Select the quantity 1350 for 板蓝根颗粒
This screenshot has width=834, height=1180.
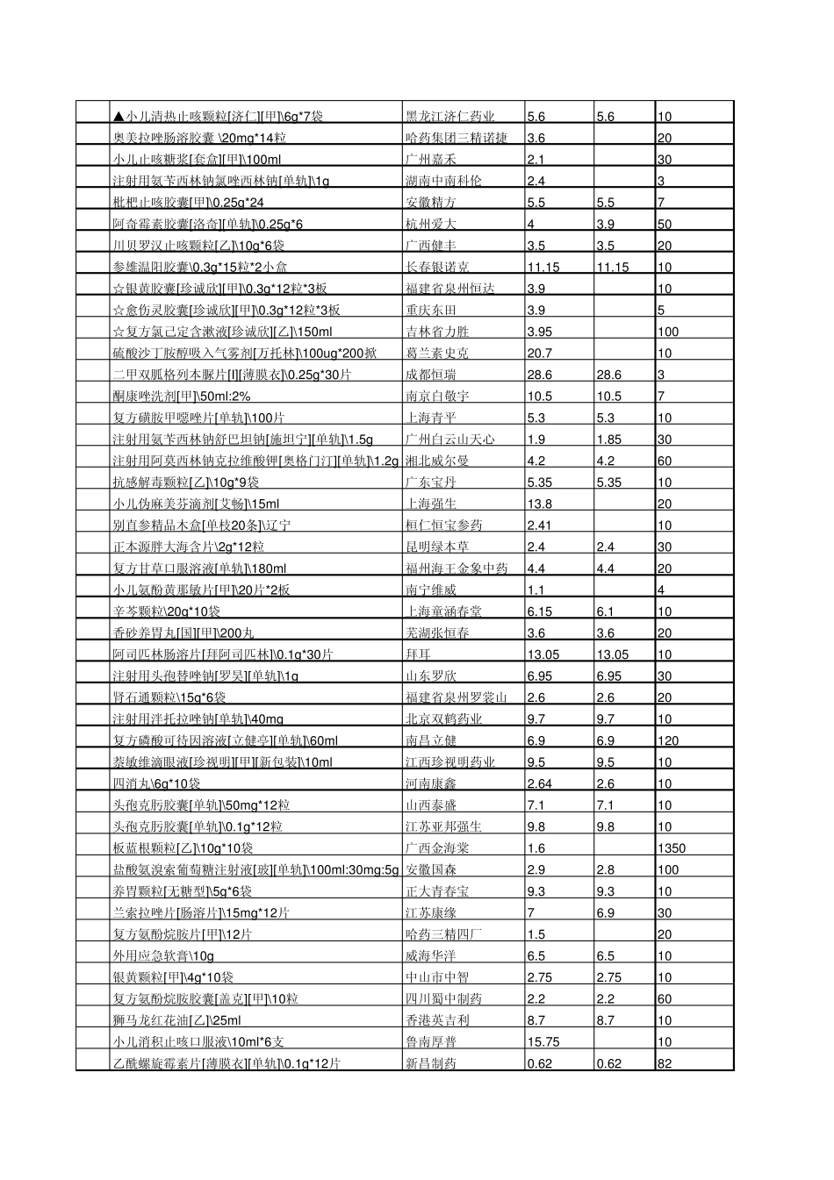672,848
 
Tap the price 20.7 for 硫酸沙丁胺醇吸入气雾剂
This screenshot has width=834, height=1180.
540,354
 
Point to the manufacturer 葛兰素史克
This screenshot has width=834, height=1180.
437,354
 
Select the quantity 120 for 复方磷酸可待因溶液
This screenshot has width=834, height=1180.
668,740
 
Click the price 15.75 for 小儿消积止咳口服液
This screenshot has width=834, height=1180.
543,1041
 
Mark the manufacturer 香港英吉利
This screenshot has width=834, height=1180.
437,1020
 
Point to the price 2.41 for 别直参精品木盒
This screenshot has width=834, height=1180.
540,526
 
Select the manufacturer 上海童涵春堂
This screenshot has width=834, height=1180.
443,611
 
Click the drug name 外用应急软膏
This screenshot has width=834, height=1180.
163,955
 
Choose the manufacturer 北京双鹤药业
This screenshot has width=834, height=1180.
443,719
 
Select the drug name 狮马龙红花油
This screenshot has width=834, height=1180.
176,1020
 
